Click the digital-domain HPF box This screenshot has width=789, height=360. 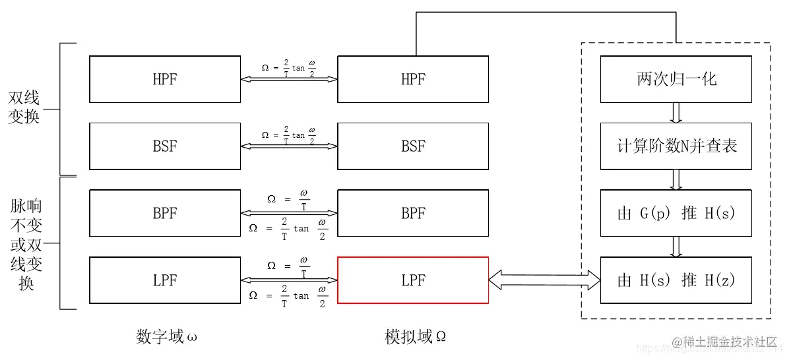(165, 79)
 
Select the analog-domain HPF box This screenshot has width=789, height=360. (413, 79)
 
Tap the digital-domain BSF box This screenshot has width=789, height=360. (165, 146)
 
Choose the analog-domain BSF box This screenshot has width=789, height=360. (413, 146)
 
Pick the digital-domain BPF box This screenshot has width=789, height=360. (165, 213)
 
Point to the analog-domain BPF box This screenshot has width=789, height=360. (413, 213)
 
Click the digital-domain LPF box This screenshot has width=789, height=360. (165, 280)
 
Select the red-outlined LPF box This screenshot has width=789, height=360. (413, 280)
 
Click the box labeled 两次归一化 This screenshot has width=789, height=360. (676, 79)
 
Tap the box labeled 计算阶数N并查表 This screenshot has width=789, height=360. (676, 146)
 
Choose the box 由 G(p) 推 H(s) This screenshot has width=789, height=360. (676, 213)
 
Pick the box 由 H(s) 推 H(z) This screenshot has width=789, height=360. (676, 280)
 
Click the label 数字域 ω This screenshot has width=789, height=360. (166, 338)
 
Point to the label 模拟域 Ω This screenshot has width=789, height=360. (416, 338)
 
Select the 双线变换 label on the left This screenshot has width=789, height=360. (24, 107)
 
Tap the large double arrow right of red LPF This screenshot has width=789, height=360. (544, 280)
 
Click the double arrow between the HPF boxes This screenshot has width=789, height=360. (289, 79)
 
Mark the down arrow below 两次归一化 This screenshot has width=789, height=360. (676, 112)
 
